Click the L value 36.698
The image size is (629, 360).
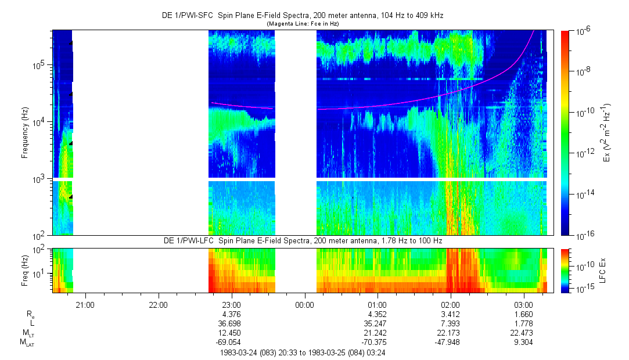(231, 323)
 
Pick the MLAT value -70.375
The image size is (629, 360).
(377, 342)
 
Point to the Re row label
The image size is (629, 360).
(30, 314)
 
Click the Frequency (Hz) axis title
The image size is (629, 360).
(25, 133)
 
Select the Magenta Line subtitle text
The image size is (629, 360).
(303, 24)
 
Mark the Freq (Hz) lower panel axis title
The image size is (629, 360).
(25, 270)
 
